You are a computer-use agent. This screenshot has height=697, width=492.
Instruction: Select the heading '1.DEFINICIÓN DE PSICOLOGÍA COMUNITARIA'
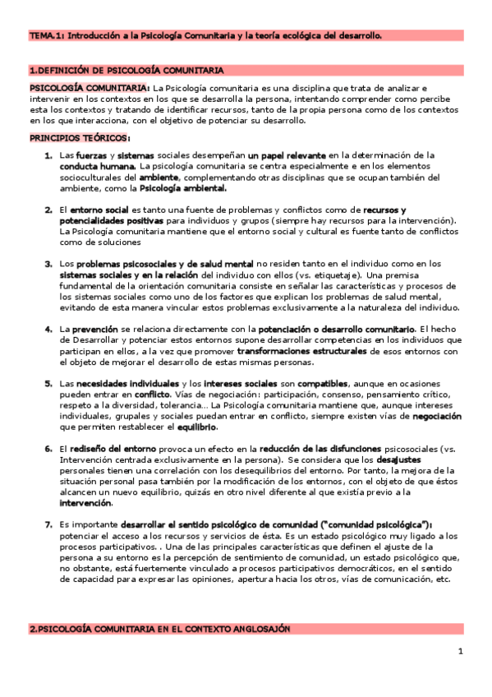coord(126,71)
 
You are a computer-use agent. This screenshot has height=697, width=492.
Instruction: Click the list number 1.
coord(48,155)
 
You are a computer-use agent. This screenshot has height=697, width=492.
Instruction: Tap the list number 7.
coord(48,524)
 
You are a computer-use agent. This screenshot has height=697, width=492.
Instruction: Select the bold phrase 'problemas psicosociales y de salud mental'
coord(162,264)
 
